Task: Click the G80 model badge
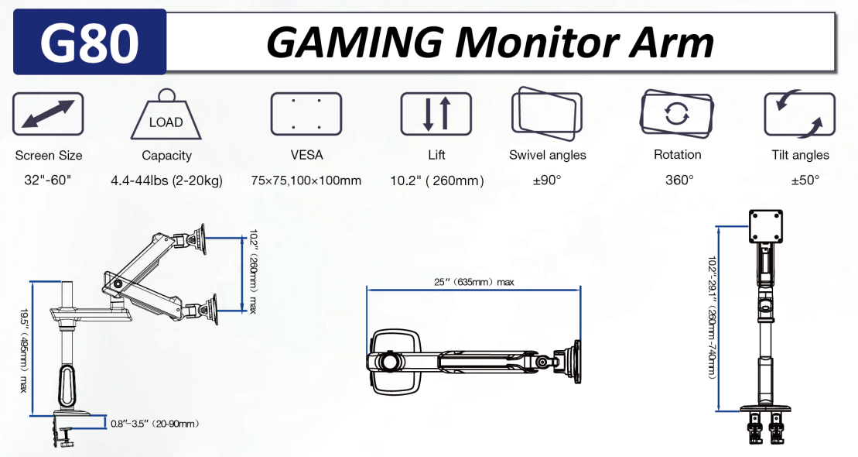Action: (89, 42)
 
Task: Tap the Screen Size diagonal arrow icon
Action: (48, 114)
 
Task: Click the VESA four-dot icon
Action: (306, 114)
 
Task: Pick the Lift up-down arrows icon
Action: (436, 114)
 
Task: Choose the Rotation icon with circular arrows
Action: (677, 114)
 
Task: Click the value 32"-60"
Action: (48, 180)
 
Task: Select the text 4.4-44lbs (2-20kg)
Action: (166, 180)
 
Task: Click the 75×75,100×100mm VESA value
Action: (306, 180)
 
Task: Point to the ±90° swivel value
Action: (546, 180)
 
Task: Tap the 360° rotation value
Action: (679, 180)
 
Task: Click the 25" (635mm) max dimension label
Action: (474, 282)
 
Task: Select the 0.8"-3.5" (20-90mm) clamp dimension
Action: (154, 424)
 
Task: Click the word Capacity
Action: (166, 156)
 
